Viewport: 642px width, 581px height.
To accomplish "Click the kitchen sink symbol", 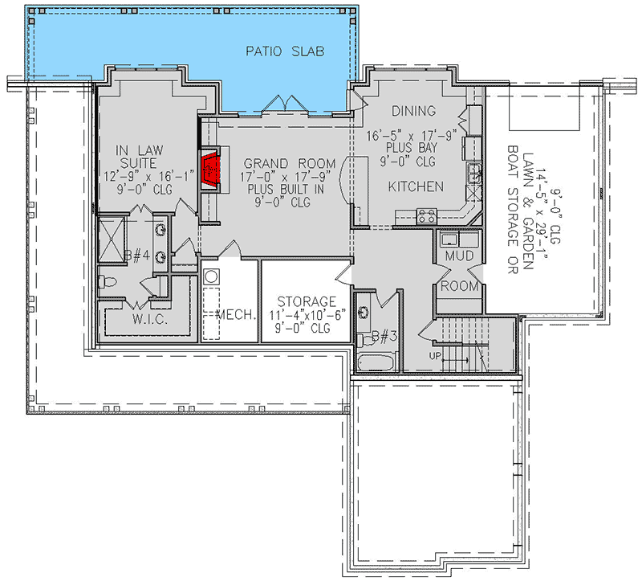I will (x=474, y=172).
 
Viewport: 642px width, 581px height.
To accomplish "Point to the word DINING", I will (x=413, y=111).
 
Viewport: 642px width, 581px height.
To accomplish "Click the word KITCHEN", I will (x=416, y=186).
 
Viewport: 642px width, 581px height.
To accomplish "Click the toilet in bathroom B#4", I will (x=108, y=281).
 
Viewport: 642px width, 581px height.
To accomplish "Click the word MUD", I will (x=459, y=256).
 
